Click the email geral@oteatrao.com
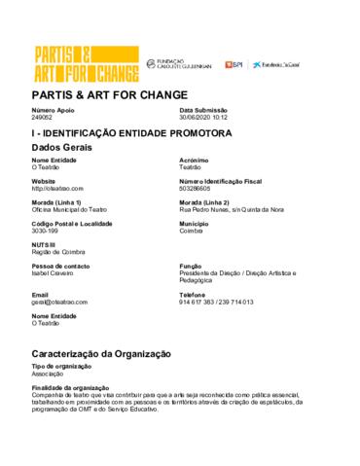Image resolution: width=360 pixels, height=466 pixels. pos(60,303)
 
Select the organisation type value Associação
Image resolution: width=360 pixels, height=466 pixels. pos(50,372)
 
